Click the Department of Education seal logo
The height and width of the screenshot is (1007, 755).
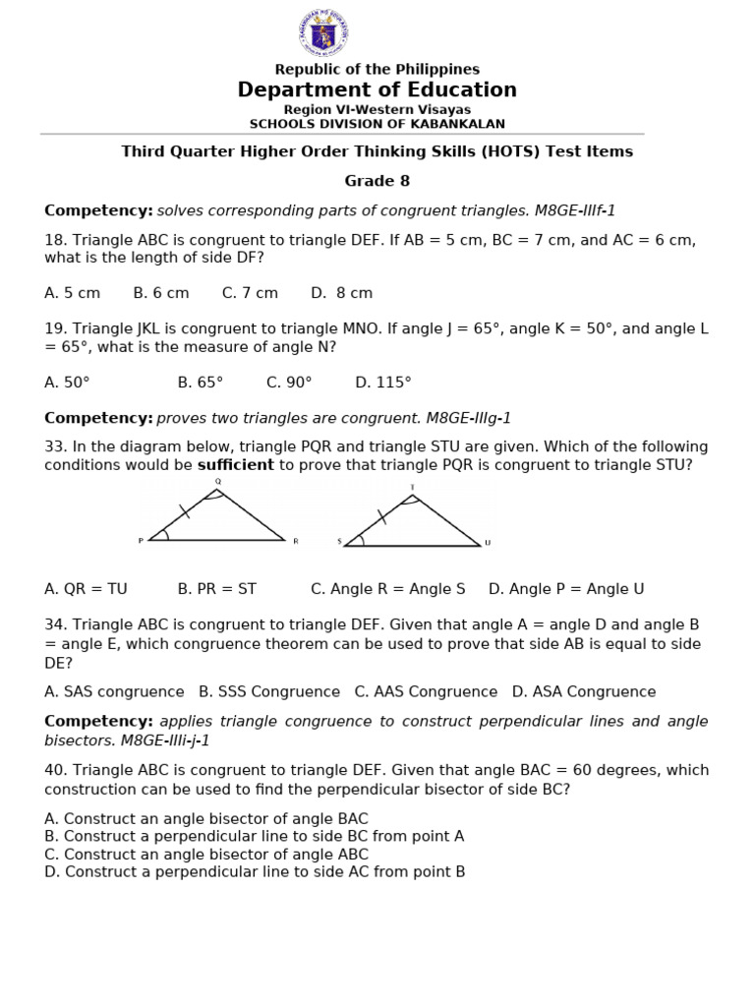click(322, 32)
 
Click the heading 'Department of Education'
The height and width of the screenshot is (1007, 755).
click(377, 90)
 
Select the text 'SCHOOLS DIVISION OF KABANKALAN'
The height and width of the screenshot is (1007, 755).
click(377, 124)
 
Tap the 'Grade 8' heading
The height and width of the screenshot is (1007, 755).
click(377, 181)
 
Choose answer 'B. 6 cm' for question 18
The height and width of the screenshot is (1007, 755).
click(161, 293)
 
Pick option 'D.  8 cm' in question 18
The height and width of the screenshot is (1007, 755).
click(341, 293)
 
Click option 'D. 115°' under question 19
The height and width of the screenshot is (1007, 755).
click(383, 383)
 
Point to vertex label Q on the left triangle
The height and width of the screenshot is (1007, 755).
click(217, 481)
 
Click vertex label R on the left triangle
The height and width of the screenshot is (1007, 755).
click(295, 541)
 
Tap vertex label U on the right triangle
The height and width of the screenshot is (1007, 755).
click(488, 542)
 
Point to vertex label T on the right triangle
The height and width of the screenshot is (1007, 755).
click(412, 487)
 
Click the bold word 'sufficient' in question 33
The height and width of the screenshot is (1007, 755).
click(236, 465)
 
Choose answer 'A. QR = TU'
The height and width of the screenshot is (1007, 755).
click(87, 589)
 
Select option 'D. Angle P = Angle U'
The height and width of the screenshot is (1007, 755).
click(566, 589)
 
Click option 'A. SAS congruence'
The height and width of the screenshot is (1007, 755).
click(114, 691)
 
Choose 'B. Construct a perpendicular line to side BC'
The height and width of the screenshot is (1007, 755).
click(254, 836)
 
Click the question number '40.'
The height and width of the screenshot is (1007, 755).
click(56, 770)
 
